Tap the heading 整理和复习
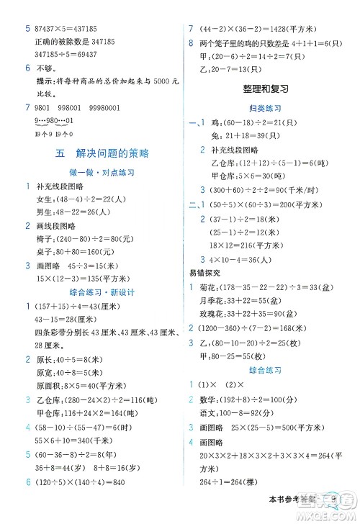click(266, 90)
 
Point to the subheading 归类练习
click(266, 109)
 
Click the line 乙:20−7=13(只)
click(230, 69)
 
